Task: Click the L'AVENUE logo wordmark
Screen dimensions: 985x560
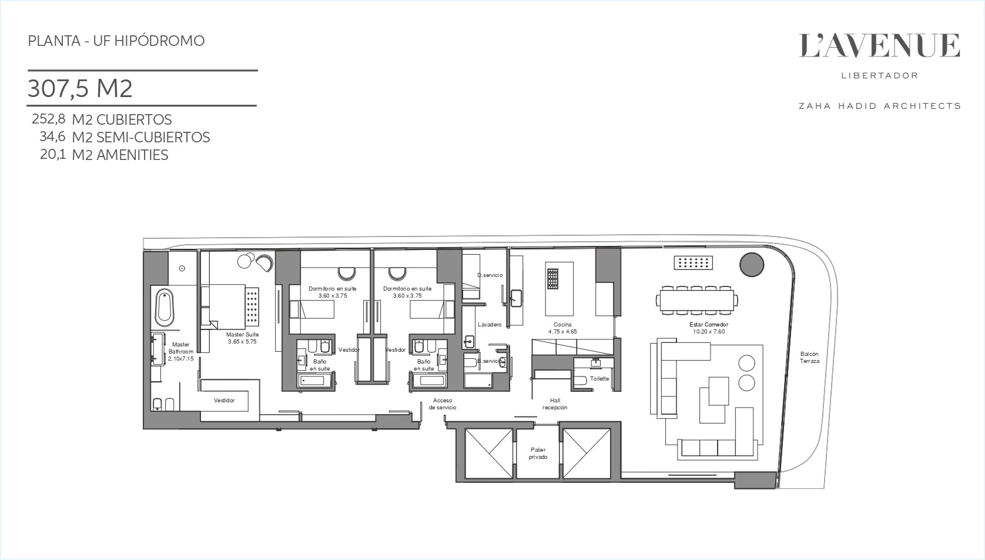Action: click(x=879, y=46)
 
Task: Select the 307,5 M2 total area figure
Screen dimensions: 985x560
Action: click(x=80, y=88)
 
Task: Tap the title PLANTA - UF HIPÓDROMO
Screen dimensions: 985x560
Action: click(x=116, y=41)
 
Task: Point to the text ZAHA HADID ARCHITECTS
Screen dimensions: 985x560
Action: click(x=879, y=106)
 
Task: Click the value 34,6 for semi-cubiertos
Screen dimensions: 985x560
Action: click(x=52, y=137)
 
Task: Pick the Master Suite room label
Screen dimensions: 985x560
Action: click(x=242, y=335)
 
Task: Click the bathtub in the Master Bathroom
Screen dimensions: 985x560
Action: click(x=165, y=308)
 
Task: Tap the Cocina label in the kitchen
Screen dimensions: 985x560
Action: click(x=562, y=325)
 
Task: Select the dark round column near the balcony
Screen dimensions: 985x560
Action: click(x=752, y=265)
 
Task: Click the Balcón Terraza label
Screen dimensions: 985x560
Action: click(x=809, y=358)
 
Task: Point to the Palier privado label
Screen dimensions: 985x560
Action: click(x=538, y=454)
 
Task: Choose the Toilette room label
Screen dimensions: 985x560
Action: click(x=600, y=379)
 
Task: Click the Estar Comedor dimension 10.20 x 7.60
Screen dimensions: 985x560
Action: click(x=709, y=332)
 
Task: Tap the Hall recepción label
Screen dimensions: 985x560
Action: click(x=555, y=404)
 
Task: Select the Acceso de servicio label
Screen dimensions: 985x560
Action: click(x=443, y=404)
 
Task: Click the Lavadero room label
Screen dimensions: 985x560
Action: click(x=490, y=325)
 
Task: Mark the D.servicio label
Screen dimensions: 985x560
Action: click(x=490, y=275)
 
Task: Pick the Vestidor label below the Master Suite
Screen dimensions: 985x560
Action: click(x=225, y=401)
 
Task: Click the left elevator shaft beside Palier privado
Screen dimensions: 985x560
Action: click(x=489, y=454)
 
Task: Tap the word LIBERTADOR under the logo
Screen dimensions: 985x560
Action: click(x=880, y=76)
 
